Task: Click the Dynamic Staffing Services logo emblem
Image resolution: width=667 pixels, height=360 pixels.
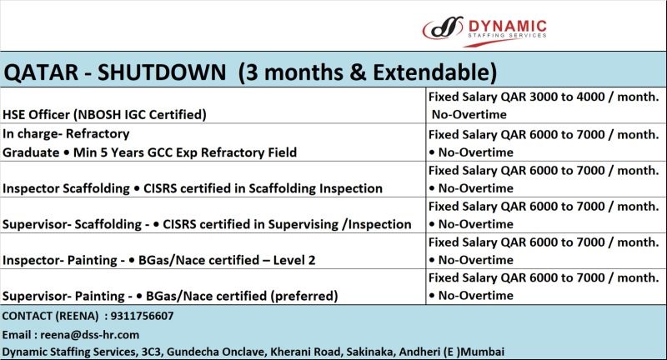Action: pyautogui.click(x=443, y=28)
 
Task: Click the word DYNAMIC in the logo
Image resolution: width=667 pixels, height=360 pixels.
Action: pyautogui.click(x=507, y=26)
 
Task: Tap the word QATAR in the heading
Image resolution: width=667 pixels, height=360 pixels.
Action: pyautogui.click(x=41, y=72)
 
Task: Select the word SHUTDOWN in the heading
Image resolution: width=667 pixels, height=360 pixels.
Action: pyautogui.click(x=162, y=72)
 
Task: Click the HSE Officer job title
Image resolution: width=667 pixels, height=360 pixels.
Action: pyautogui.click(x=36, y=115)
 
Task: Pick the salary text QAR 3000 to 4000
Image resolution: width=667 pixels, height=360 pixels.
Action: pyautogui.click(x=553, y=97)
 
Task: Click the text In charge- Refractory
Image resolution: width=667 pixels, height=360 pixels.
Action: pyautogui.click(x=66, y=134)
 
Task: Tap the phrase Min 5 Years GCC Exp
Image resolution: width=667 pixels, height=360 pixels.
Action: pyautogui.click(x=135, y=152)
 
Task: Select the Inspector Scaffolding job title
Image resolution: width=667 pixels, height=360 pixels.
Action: pyautogui.click(x=66, y=188)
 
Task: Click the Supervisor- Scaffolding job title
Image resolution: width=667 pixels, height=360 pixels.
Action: pyautogui.click(x=72, y=224)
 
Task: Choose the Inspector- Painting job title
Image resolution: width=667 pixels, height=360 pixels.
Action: pyautogui.click(x=59, y=260)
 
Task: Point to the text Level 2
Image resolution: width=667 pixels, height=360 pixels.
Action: pyautogui.click(x=294, y=260)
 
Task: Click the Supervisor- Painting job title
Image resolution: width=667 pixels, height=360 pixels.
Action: pyautogui.click(x=63, y=296)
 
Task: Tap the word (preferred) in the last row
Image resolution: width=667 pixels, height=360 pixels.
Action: pyautogui.click(x=304, y=296)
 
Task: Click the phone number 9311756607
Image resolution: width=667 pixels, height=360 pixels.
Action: pyautogui.click(x=142, y=316)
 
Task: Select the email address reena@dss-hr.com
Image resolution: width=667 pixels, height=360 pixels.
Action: pyautogui.click(x=90, y=335)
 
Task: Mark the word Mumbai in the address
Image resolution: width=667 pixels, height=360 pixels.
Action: pyautogui.click(x=483, y=352)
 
